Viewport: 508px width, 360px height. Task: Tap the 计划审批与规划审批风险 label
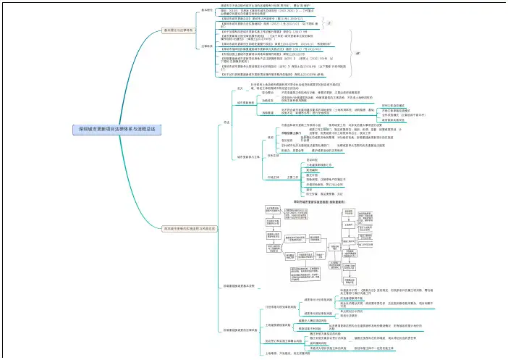275,307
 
